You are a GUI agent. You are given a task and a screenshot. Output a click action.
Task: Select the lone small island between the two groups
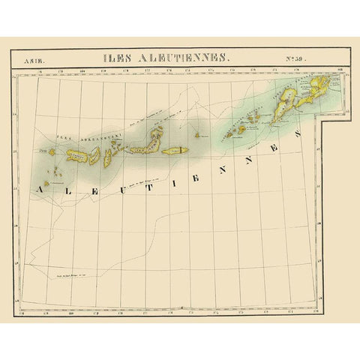tap(197, 136)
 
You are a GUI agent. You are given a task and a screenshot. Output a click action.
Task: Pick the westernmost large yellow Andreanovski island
tap(78, 156)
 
